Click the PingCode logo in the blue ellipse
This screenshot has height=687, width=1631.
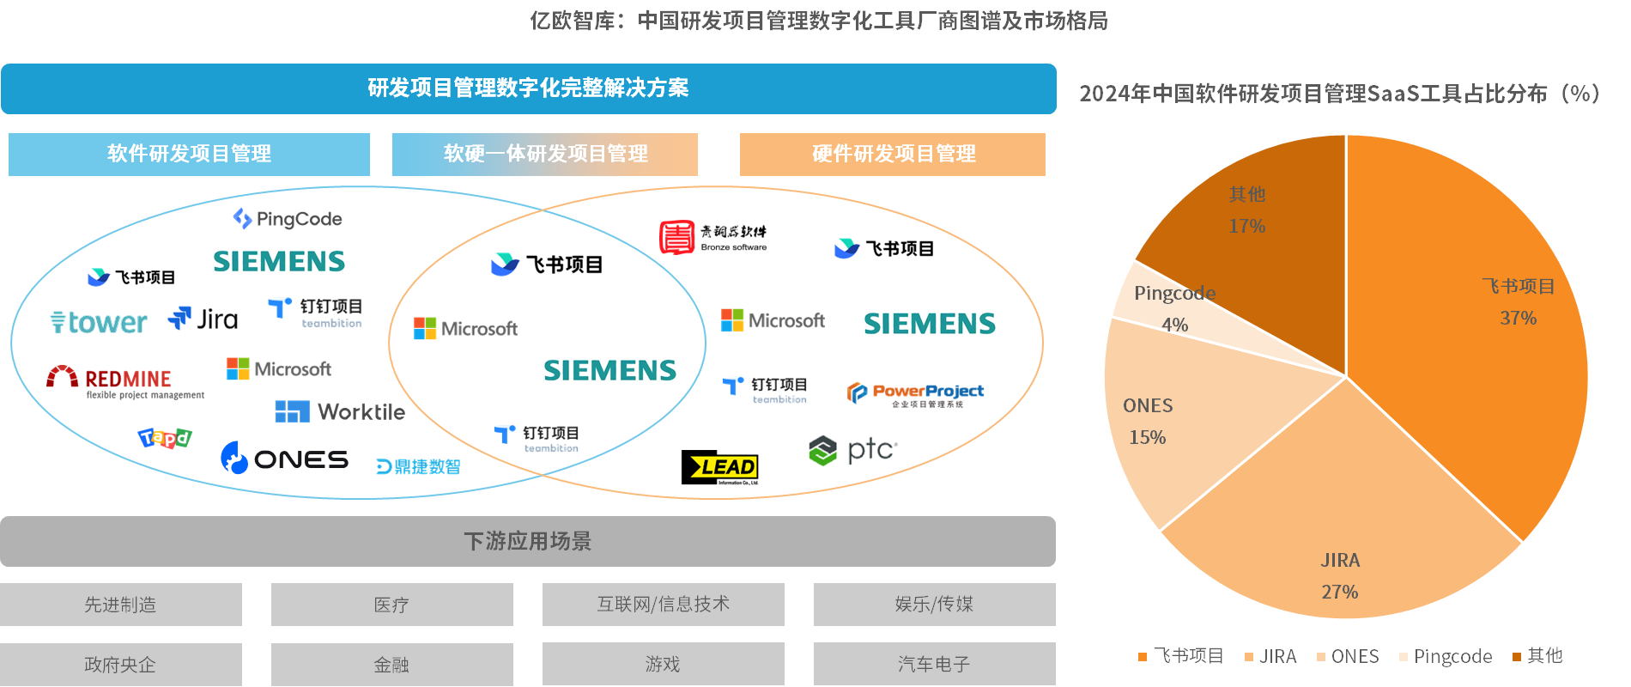tap(288, 219)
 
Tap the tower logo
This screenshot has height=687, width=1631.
tap(99, 322)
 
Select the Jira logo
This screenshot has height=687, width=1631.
tap(203, 319)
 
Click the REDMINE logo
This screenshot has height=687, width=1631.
tap(124, 380)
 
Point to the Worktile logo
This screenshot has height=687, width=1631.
tap(340, 412)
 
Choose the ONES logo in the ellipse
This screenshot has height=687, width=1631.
tap(284, 459)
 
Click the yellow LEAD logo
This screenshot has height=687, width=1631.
tap(721, 467)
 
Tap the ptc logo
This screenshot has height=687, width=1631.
tap(853, 450)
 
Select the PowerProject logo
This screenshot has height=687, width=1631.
tap(915, 393)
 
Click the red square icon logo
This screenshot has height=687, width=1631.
tap(677, 237)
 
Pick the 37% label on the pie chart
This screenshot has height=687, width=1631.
tap(1518, 318)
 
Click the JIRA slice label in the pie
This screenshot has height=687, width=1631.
tap(1340, 561)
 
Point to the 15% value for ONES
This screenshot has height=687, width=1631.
tap(1147, 437)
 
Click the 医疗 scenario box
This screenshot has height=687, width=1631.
tap(391, 605)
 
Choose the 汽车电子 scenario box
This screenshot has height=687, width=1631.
tap(934, 664)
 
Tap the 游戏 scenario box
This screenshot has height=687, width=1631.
tap(663, 664)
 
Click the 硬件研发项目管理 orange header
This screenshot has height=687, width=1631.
tap(893, 154)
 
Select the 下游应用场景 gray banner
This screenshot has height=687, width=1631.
tap(528, 541)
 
